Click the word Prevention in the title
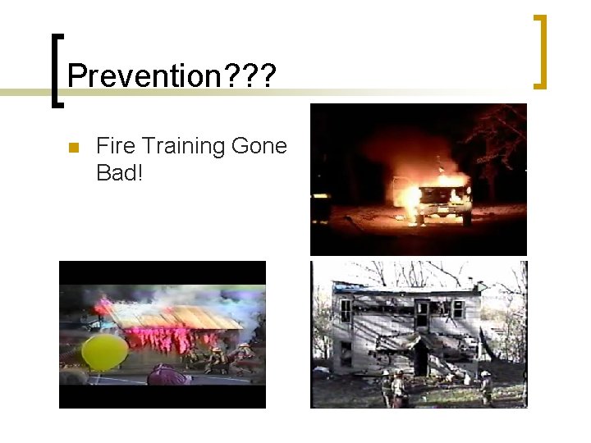[139, 76]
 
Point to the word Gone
[259, 147]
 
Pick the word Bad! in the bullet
[119, 172]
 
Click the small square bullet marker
[72, 148]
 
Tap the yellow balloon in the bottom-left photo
[104, 351]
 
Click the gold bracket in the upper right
[540, 51]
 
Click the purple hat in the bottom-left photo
[167, 377]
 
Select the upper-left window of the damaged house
[346, 309]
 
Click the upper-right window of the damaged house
[457, 308]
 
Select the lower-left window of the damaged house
[346, 353]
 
